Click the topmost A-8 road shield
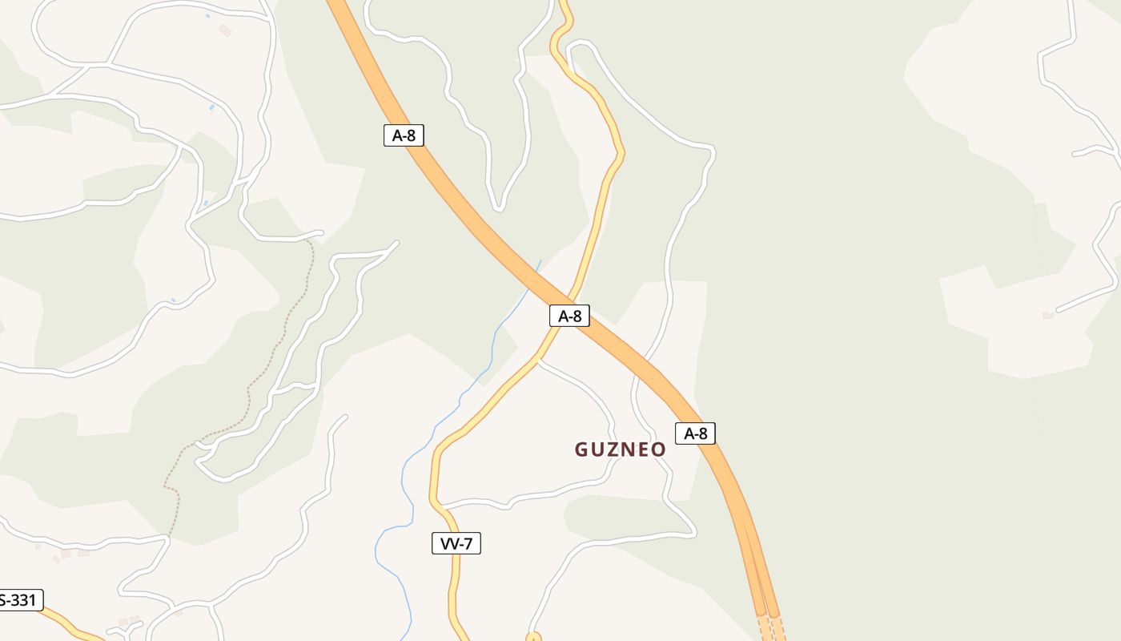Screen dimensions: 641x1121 [403, 135]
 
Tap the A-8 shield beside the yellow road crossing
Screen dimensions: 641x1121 [569, 316]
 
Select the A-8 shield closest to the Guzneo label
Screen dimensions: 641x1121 [695, 433]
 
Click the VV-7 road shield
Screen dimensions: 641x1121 [456, 543]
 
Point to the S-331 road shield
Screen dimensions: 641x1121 [19, 600]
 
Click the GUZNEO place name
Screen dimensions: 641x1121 [620, 450]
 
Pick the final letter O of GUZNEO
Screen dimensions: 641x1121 [658, 450]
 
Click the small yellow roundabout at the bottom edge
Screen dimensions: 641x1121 [533, 638]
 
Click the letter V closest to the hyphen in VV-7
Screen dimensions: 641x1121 [454, 543]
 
